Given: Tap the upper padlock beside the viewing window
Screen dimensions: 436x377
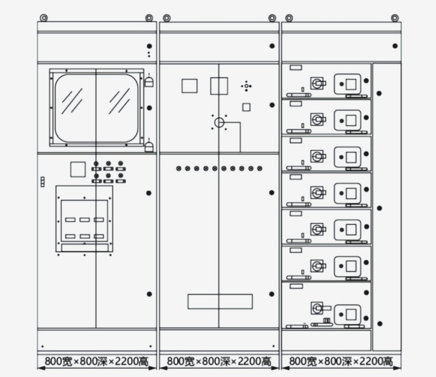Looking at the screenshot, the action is tap(149, 82).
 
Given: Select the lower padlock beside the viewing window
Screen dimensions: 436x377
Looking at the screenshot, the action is tap(149, 147).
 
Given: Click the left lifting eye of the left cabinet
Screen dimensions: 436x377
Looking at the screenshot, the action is tap(43, 18).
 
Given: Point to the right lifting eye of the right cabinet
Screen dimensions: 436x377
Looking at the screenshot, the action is tap(395, 18).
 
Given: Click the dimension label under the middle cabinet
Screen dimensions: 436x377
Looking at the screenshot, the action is tap(219, 361).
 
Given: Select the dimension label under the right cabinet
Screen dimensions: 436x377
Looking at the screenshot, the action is tap(341, 361).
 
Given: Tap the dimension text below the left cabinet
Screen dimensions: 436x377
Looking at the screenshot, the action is tap(96, 361).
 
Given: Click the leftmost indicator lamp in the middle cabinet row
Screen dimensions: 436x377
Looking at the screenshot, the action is tap(179, 169).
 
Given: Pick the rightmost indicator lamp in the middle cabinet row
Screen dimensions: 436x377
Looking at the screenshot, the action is tap(259, 169).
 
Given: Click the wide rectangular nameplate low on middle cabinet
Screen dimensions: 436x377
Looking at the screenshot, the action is tap(220, 301).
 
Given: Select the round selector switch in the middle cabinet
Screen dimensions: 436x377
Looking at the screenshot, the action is tap(219, 122).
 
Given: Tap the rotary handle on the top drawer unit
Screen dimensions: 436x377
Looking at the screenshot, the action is tap(318, 83).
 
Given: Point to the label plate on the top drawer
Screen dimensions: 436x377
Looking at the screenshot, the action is tap(296, 67).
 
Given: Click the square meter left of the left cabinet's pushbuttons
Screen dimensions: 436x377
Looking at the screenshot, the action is tap(78, 169).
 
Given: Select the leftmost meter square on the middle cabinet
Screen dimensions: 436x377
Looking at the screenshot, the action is tap(190, 86).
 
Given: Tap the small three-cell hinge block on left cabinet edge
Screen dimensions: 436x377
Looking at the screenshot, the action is tap(43, 182).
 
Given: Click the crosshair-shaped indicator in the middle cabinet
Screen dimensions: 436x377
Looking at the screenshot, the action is tap(246, 86).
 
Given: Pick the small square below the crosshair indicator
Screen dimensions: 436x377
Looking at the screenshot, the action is tap(246, 107).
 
